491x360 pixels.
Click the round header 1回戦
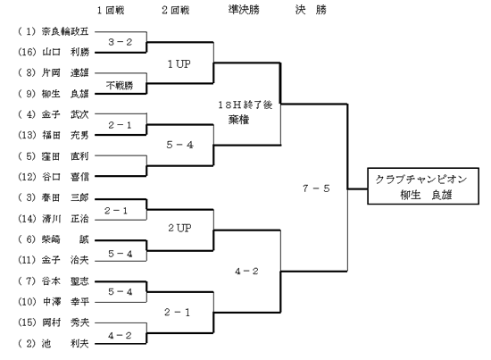111,10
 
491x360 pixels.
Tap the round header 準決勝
244,10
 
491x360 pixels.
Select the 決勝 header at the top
311,10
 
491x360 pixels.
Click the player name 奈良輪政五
65,31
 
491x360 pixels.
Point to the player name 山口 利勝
65,52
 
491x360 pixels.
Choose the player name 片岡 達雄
65,72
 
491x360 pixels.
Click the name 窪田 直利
65,156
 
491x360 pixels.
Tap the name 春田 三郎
65,197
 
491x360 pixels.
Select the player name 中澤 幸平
66,302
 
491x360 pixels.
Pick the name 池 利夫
65,344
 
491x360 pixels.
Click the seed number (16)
28,52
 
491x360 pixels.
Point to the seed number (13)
28,135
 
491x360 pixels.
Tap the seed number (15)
28,322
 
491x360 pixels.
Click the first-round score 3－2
121,42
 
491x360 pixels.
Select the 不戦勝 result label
120,85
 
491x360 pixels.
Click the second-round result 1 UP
179,64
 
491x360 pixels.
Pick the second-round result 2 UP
179,228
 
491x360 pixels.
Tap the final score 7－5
316,188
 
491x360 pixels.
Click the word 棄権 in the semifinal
238,120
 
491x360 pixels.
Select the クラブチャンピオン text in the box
421,180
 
